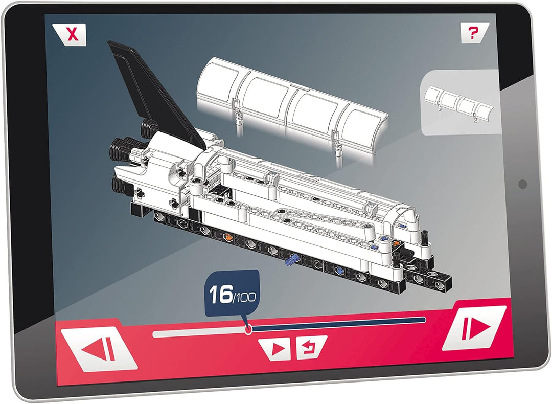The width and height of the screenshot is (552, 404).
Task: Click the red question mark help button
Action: click(x=474, y=33)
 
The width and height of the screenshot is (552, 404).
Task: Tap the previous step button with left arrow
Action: click(x=99, y=349)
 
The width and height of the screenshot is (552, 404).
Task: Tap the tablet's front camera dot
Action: click(x=523, y=184)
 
